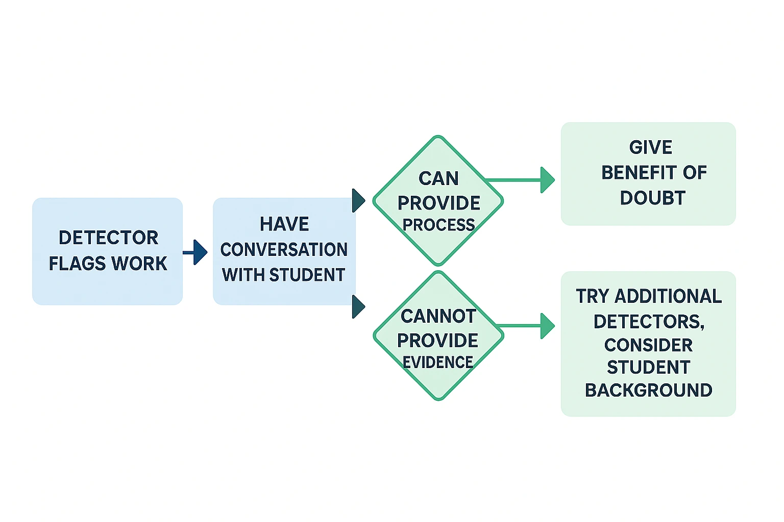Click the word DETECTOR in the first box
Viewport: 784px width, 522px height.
[x=108, y=238]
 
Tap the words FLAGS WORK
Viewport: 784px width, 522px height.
[x=108, y=264]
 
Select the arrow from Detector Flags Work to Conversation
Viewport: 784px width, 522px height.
[x=196, y=252]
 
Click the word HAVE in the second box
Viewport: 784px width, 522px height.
[x=284, y=224]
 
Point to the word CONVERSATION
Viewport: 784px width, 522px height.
[x=284, y=250]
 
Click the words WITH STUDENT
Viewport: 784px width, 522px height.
[x=284, y=275]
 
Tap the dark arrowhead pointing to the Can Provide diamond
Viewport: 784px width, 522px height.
[x=358, y=200]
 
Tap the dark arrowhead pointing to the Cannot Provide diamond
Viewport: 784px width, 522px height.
[x=358, y=307]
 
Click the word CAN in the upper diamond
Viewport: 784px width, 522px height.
[x=438, y=179]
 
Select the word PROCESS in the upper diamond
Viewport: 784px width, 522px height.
[x=438, y=225]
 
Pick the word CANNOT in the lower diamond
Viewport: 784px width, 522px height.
[x=438, y=317]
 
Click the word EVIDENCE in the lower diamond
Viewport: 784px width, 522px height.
[x=438, y=362]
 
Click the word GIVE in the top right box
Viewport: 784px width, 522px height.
[x=650, y=147]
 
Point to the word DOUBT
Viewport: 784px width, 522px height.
[x=652, y=198]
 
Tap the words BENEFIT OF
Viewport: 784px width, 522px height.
[x=654, y=173]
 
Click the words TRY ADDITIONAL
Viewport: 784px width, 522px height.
[x=649, y=296]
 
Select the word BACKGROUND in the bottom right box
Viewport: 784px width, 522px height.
[x=648, y=390]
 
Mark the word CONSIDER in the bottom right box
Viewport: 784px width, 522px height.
[x=648, y=345]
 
